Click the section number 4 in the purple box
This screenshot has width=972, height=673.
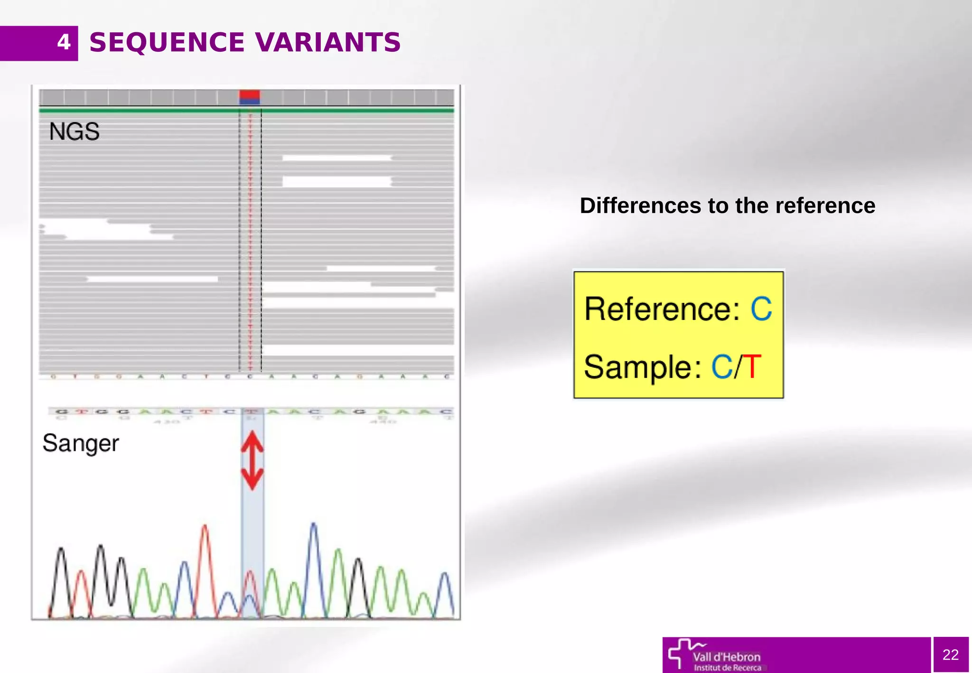(x=64, y=42)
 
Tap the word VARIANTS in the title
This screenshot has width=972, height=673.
(x=328, y=42)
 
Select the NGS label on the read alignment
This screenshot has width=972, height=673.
(x=74, y=131)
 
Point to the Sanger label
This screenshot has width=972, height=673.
(x=80, y=443)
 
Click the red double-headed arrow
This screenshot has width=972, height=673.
(x=252, y=460)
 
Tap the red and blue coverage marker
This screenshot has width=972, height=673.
(x=250, y=97)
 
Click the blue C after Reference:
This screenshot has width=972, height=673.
(x=761, y=309)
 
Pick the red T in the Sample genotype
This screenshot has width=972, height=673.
(x=752, y=367)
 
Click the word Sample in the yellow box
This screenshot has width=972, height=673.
(x=638, y=367)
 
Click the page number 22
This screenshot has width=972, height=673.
(x=950, y=654)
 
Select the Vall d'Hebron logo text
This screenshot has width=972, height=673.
(x=727, y=657)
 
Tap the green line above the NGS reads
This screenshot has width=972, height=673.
(x=142, y=111)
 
